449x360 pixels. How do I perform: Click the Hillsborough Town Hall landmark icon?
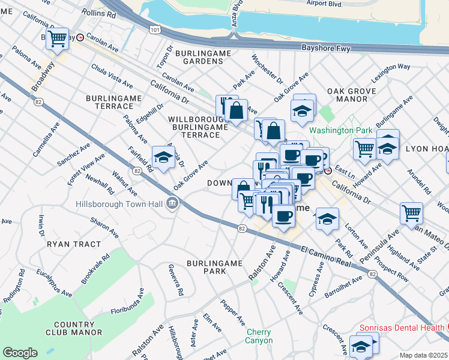[x=172, y=204]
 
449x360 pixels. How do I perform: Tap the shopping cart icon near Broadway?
[x=58, y=39]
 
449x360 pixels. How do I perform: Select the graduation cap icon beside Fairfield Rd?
[x=163, y=157]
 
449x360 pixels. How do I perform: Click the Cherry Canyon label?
[x=258, y=336]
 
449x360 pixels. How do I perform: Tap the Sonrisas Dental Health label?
[x=401, y=328]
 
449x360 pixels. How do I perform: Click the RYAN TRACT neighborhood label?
[x=68, y=245]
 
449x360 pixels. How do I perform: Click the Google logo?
[x=20, y=353]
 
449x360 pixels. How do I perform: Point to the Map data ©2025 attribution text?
[x=423, y=355]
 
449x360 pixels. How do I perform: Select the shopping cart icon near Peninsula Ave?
[x=411, y=212]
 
